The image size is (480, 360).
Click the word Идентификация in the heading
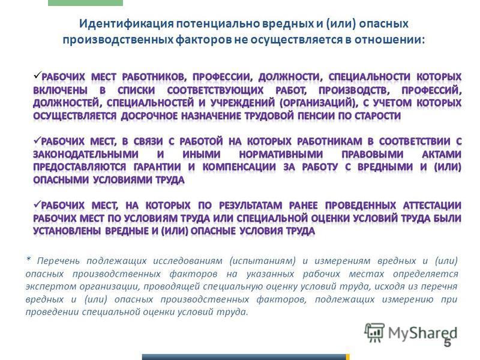(x=127, y=24)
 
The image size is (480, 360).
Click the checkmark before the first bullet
(x=37, y=74)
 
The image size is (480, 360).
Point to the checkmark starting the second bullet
(x=37, y=140)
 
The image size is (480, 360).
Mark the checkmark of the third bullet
(x=37, y=204)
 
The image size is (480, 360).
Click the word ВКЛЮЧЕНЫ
(x=61, y=91)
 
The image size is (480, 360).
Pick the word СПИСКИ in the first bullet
(x=136, y=91)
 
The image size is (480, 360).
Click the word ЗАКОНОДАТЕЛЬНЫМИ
(x=86, y=154)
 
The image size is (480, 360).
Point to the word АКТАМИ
(x=442, y=154)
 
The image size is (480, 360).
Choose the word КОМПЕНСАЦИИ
(x=239, y=167)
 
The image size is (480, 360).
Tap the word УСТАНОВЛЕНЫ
(x=67, y=231)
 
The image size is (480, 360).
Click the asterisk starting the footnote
(x=28, y=259)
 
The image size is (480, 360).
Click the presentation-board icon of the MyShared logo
(x=374, y=332)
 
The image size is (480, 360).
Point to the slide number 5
(x=448, y=343)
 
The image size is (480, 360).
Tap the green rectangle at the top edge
(x=85, y=3)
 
